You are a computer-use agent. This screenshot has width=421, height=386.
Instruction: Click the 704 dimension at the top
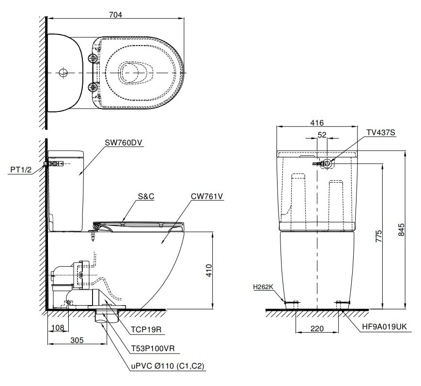point(115,14)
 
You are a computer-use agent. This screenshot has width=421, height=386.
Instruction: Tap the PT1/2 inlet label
point(21,170)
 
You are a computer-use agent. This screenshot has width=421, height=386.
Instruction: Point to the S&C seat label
point(145,198)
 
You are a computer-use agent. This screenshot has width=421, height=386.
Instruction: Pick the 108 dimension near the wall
point(58,328)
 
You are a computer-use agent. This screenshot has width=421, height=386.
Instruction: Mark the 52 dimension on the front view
point(322,135)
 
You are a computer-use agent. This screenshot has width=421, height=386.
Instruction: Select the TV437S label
point(380,133)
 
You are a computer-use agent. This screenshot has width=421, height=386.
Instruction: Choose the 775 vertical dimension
point(379,236)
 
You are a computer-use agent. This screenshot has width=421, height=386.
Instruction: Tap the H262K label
point(263,287)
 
